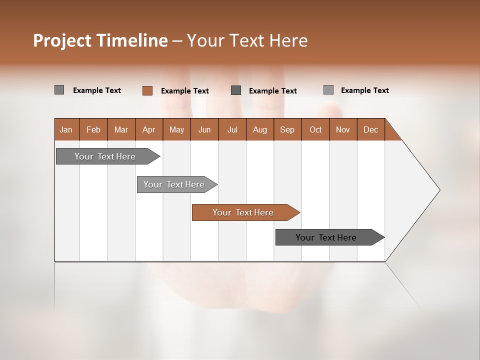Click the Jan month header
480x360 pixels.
[66, 129]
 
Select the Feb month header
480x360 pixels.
[93, 129]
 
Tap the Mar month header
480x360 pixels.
[121, 129]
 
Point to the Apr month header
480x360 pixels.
[149, 129]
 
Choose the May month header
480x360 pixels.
[176, 129]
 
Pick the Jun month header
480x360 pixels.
[204, 129]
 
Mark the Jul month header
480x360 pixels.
[232, 129]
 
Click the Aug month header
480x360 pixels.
[260, 129]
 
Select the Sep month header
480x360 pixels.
[287, 129]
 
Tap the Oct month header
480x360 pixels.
[315, 129]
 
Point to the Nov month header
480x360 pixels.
[343, 129]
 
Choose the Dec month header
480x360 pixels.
[371, 129]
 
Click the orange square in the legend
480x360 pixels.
[147, 90]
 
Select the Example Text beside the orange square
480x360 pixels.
[185, 91]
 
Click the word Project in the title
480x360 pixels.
[62, 40]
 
